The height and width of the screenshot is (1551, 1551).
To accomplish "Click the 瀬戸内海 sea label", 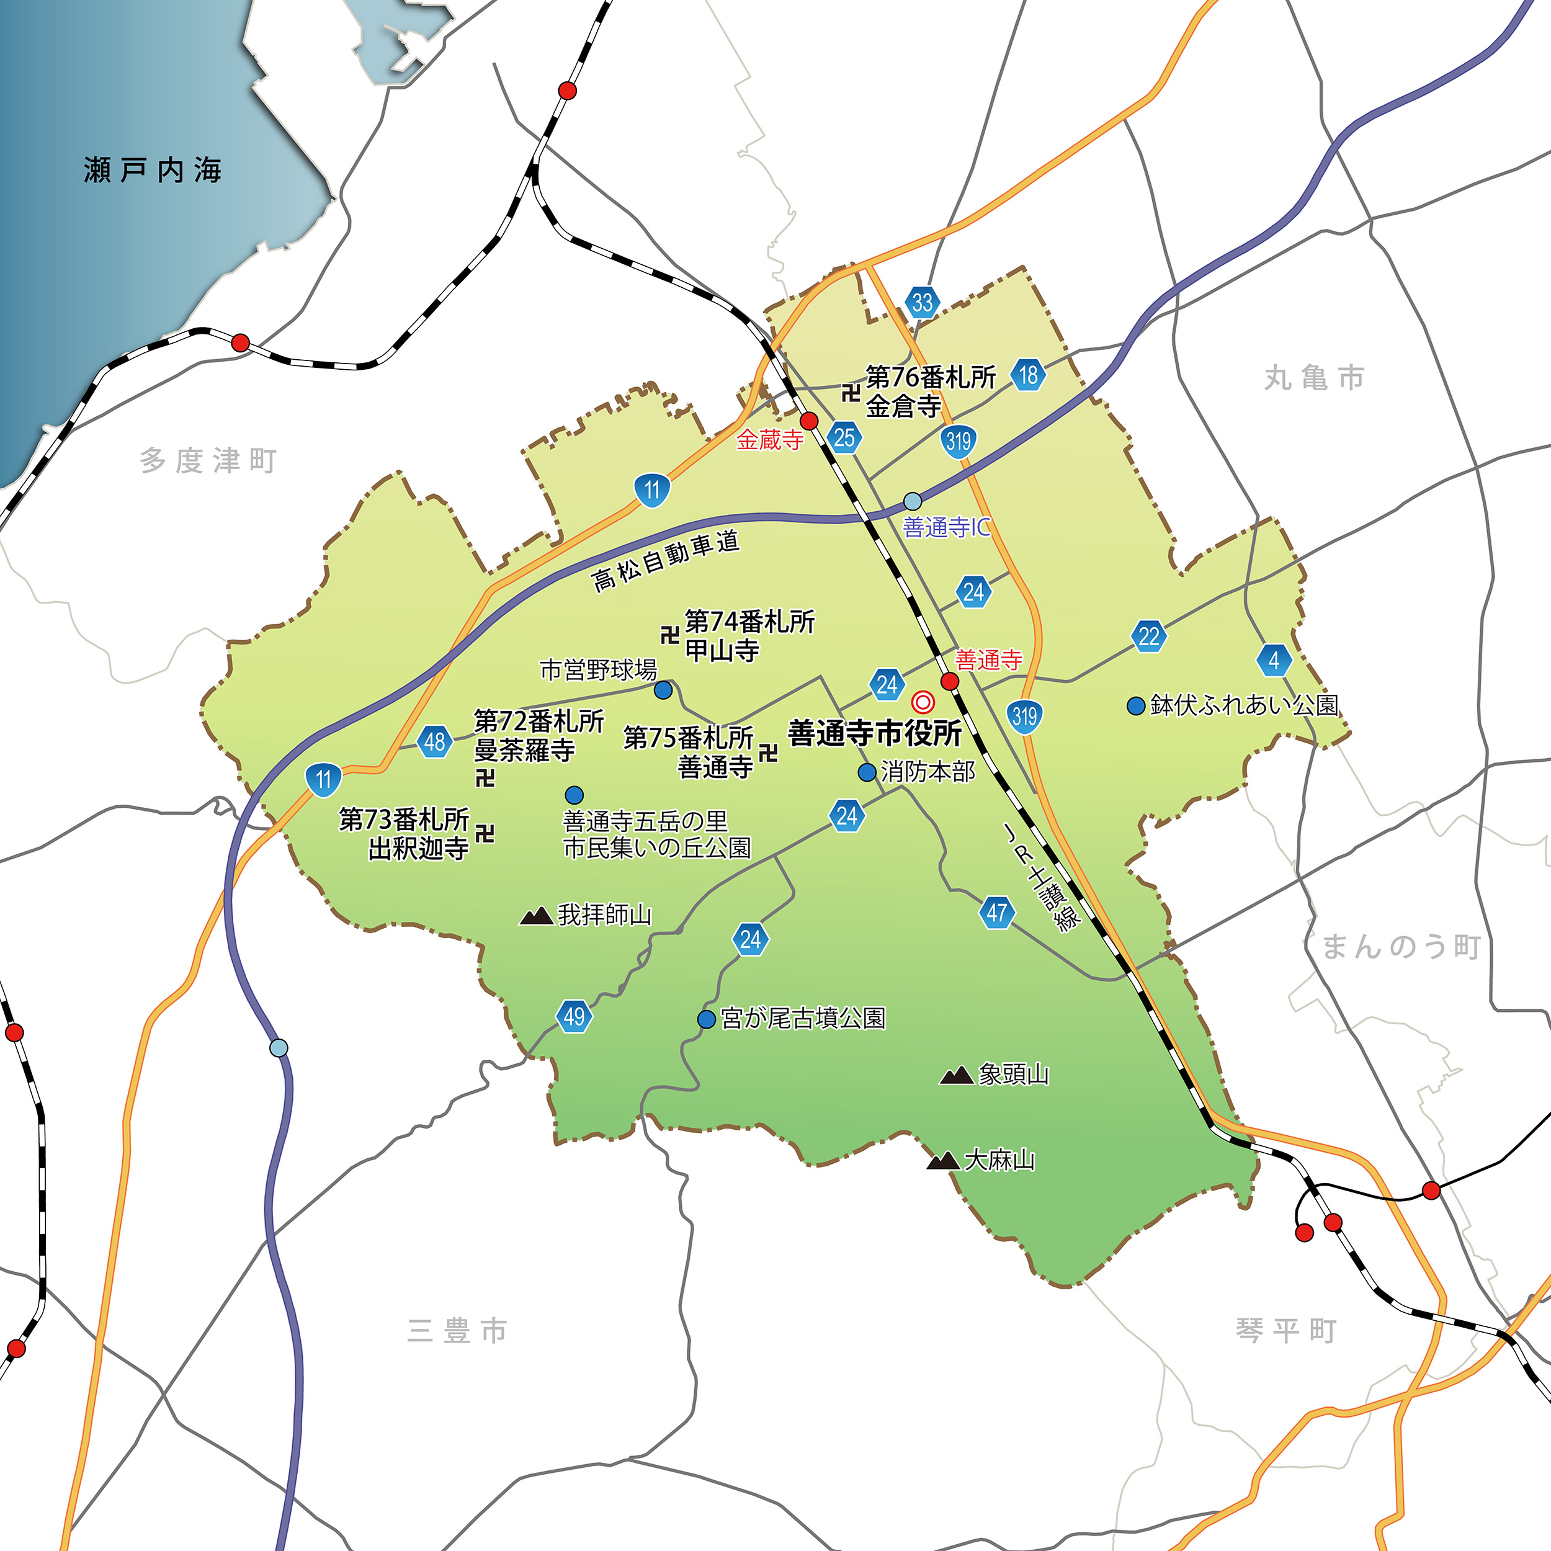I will [153, 170].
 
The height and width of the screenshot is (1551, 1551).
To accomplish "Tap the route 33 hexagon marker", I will [923, 303].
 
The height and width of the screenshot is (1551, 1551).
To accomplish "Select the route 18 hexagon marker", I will [1029, 374].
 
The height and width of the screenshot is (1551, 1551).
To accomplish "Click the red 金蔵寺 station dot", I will [809, 421].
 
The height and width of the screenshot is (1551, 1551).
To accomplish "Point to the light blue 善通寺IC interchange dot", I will [913, 501].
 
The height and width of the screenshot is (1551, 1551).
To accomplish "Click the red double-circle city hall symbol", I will [923, 702].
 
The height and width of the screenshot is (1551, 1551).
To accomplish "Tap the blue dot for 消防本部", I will [867, 772].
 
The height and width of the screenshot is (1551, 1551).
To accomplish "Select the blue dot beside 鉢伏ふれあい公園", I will [1136, 705].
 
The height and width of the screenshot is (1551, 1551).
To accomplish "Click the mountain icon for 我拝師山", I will [536, 915].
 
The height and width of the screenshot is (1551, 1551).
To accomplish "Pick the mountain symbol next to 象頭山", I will [956, 1075].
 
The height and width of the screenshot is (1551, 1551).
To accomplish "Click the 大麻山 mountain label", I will [999, 1160].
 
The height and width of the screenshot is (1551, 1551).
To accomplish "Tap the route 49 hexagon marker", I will [574, 1016].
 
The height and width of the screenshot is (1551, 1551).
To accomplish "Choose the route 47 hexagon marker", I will [997, 912].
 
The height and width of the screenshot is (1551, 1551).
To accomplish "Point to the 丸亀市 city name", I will [1314, 377].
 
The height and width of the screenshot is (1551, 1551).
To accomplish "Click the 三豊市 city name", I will [457, 1330].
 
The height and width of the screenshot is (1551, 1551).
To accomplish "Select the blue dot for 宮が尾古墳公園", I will [707, 1019].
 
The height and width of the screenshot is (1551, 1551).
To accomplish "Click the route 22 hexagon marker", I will [1149, 636].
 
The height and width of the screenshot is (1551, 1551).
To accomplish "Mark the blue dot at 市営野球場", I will [663, 690].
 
